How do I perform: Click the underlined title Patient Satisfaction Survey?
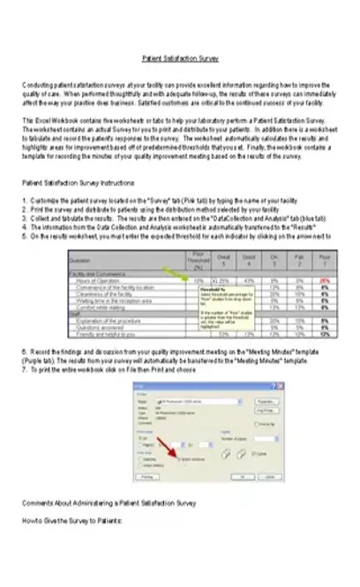click(180, 60)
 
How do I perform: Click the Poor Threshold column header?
click(199, 260)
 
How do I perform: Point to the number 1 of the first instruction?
click(23, 225)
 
